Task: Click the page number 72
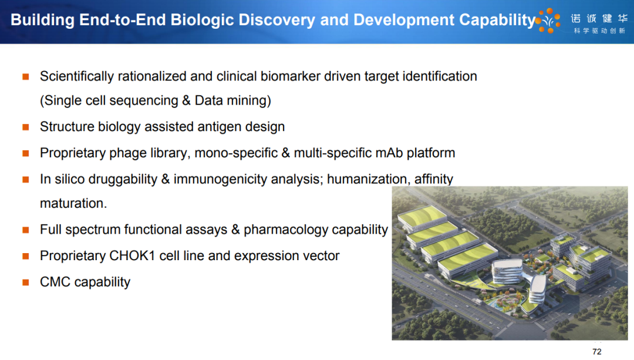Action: pyautogui.click(x=597, y=352)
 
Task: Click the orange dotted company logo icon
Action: pyautogui.click(x=549, y=20)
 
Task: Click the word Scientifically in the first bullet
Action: pyautogui.click(x=77, y=76)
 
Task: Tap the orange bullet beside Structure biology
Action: pyautogui.click(x=25, y=127)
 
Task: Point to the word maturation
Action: pyautogui.click(x=73, y=203)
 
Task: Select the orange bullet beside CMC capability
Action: pyautogui.click(x=25, y=282)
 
